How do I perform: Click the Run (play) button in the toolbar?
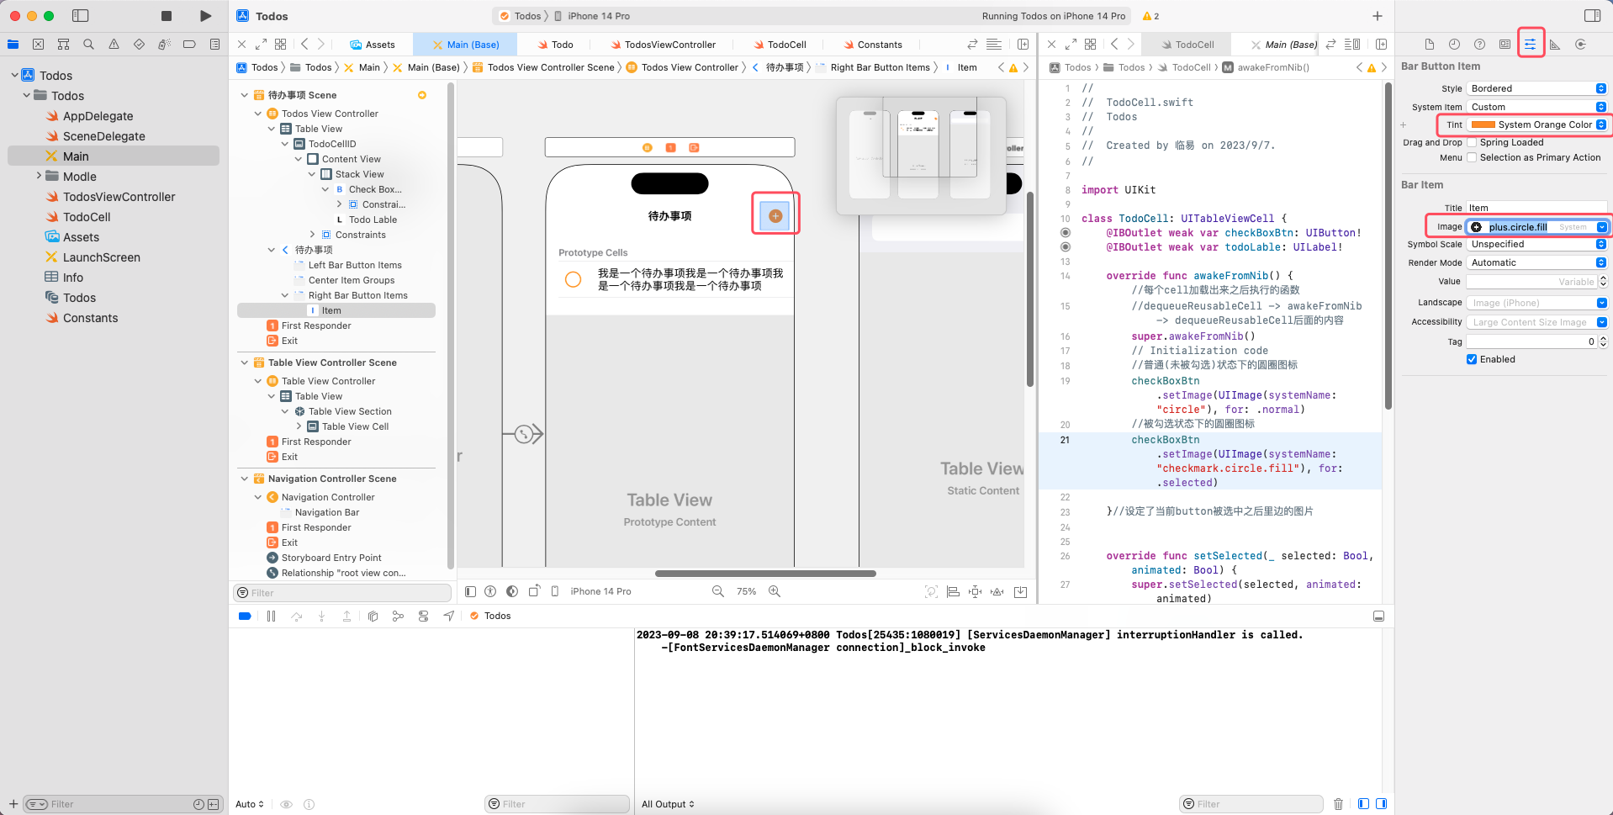click(206, 16)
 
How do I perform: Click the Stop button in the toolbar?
click(167, 16)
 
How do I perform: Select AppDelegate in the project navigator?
click(98, 116)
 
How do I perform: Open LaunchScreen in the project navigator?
click(101, 257)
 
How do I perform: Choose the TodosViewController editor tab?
click(669, 45)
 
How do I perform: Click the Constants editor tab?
click(879, 45)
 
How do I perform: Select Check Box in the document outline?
click(374, 189)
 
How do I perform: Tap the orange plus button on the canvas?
click(775, 216)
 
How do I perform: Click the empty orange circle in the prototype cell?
click(573, 279)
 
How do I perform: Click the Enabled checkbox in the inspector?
click(1472, 359)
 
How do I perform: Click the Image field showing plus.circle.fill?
click(1518, 227)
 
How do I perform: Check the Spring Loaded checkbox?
click(1472, 143)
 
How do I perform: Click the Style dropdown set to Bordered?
click(1536, 88)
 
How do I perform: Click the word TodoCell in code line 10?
click(1143, 219)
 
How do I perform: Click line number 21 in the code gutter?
click(1065, 440)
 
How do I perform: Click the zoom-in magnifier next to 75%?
click(775, 591)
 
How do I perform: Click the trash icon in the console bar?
click(1338, 804)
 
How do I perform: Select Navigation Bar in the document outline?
click(326, 512)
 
